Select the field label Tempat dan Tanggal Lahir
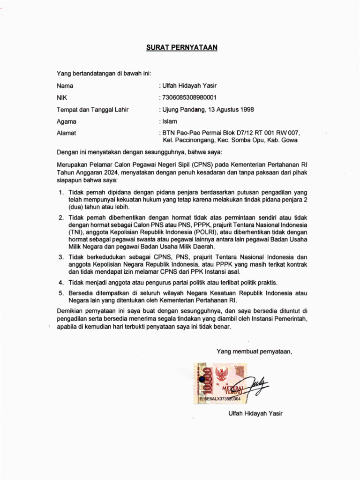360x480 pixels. [x=92, y=110]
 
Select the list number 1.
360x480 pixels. [x=61, y=193]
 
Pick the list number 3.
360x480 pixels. [x=61, y=257]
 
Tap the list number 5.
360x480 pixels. [x=61, y=293]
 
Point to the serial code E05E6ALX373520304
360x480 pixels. [x=220, y=399]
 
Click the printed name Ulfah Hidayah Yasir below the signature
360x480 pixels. [x=255, y=413]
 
